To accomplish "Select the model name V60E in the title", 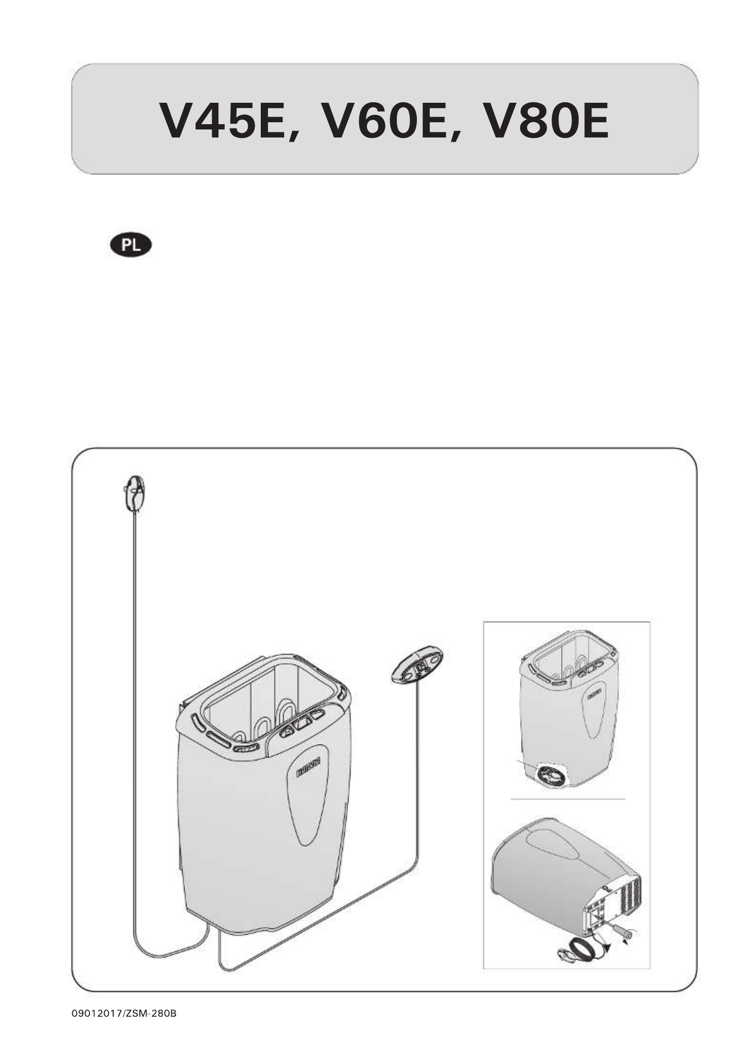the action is point(384,120).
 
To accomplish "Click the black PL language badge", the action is point(130,245).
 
